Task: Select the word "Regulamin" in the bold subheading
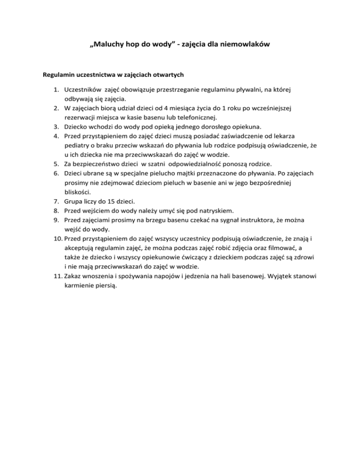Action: [59, 75]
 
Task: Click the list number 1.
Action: [55, 88]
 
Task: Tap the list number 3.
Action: [55, 127]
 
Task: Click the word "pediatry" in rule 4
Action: [76, 146]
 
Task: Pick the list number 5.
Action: [55, 165]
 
